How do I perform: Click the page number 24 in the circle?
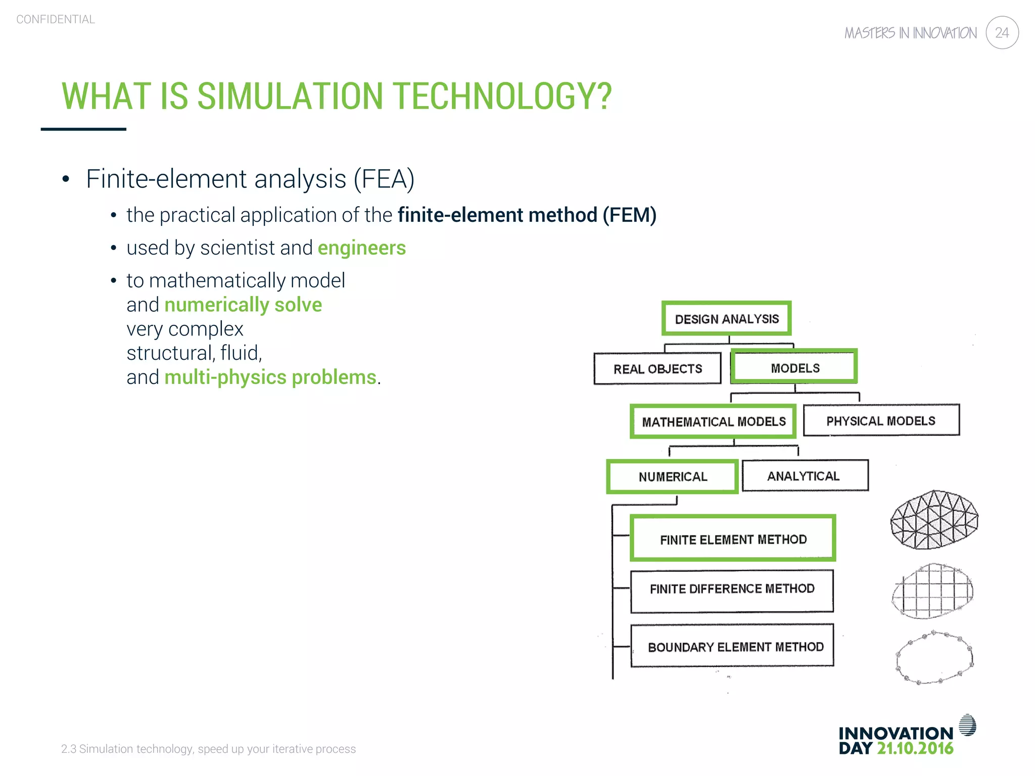tap(1002, 33)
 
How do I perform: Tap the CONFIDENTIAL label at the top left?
tap(56, 19)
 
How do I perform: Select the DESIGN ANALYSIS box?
tap(727, 319)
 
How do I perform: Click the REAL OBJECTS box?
tap(657, 369)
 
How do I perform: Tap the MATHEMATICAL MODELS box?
tap(713, 421)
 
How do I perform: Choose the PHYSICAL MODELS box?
tap(881, 420)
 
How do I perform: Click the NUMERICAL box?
tap(673, 476)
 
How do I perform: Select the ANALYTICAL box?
tap(804, 476)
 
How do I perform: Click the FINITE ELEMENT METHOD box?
tap(733, 539)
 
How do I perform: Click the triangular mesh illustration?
tap(934, 520)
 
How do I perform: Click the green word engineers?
tap(361, 248)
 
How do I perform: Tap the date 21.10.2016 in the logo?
tap(915, 748)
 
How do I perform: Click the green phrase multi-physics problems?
tap(270, 377)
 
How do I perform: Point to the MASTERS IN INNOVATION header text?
tap(910, 33)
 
